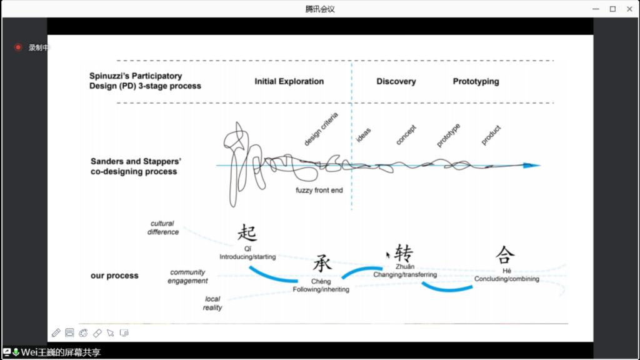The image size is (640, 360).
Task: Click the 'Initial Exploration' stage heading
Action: click(289, 81)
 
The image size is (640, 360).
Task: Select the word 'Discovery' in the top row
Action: click(396, 81)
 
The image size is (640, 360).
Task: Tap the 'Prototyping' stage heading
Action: click(476, 81)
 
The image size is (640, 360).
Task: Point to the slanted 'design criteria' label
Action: click(321, 129)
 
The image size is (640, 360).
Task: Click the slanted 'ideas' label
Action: click(363, 135)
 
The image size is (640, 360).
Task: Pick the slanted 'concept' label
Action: click(406, 135)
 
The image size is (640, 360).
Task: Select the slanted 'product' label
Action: click(491, 135)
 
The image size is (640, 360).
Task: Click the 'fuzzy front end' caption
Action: click(319, 191)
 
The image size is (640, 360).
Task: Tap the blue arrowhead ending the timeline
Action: click(532, 165)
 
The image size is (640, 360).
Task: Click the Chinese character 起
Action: click(247, 233)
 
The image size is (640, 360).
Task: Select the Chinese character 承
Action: click(322, 264)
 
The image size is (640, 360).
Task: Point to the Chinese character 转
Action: click(404, 253)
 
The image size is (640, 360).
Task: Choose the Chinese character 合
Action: click(505, 254)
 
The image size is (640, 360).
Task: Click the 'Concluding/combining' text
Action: click(506, 279)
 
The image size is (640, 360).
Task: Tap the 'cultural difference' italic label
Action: click(162, 227)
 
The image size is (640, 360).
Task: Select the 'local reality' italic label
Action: click(212, 303)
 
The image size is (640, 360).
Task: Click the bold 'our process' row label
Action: click(114, 276)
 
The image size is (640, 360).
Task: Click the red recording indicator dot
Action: click(18, 47)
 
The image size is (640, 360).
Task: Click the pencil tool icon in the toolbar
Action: click(56, 332)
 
